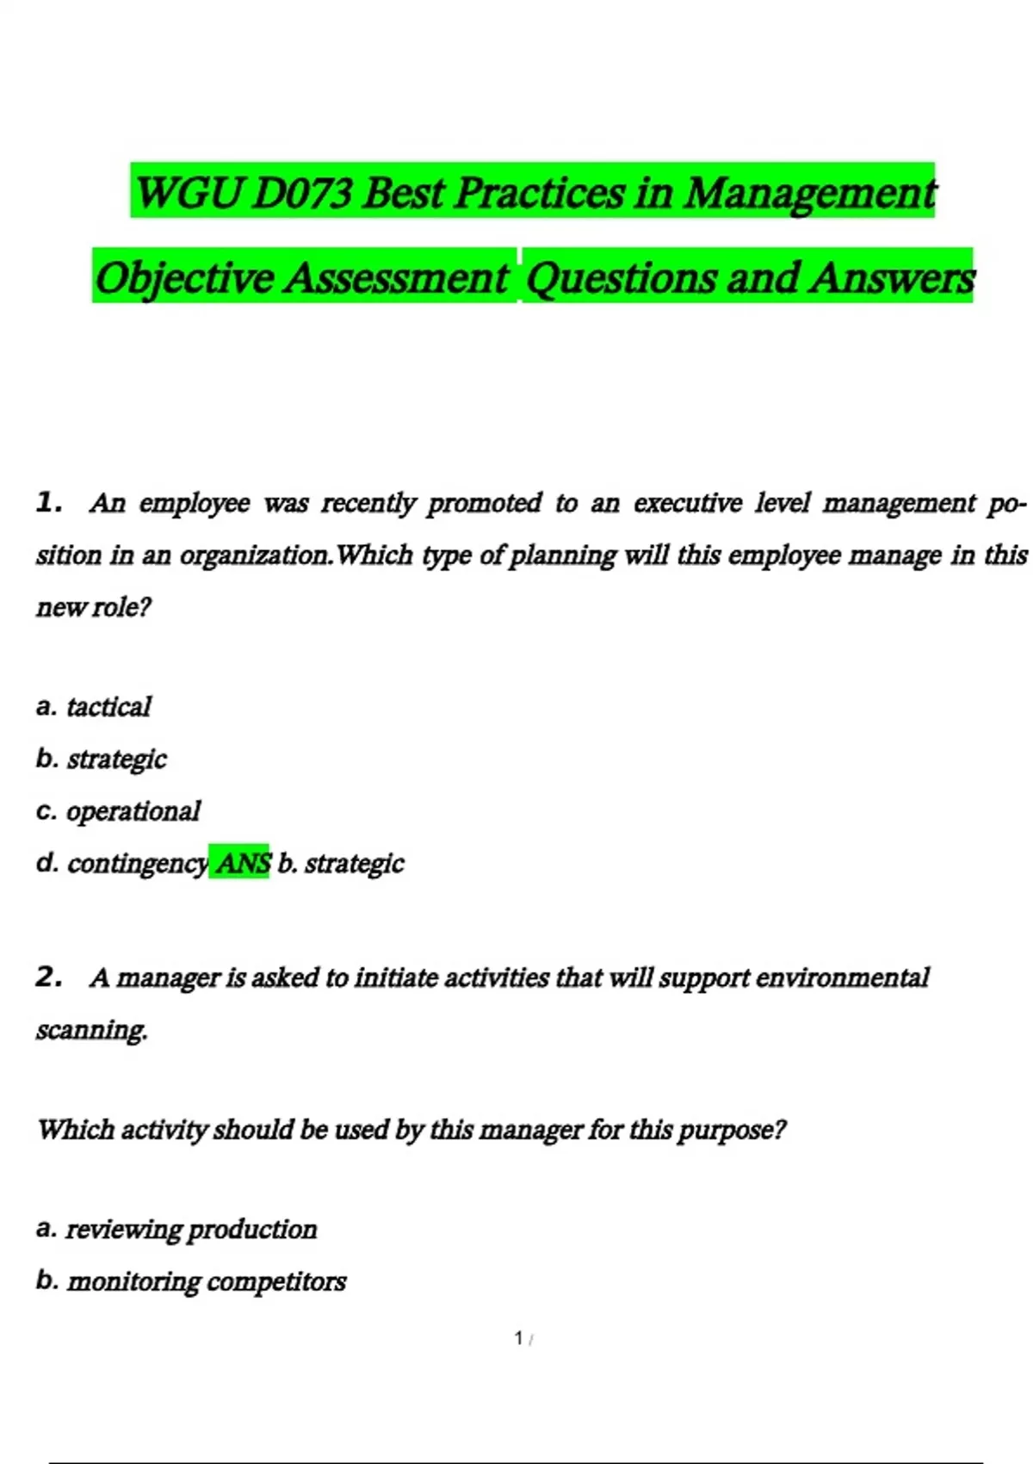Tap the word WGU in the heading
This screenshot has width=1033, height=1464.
pyautogui.click(x=189, y=193)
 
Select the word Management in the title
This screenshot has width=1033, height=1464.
pyautogui.click(x=810, y=193)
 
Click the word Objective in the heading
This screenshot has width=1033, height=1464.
pyautogui.click(x=183, y=278)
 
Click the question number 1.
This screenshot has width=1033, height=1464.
pyautogui.click(x=49, y=502)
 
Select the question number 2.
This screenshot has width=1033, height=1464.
pyautogui.click(x=49, y=977)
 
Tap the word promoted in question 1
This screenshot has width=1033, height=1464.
pyautogui.click(x=485, y=503)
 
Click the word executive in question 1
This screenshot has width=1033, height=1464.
pyautogui.click(x=688, y=503)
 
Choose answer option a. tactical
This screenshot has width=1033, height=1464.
pyautogui.click(x=94, y=707)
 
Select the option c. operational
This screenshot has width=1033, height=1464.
pyautogui.click(x=118, y=811)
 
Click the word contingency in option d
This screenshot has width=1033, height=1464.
pyautogui.click(x=138, y=863)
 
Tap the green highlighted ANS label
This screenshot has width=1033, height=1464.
pyautogui.click(x=242, y=862)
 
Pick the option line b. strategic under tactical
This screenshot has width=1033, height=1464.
pyautogui.click(x=102, y=759)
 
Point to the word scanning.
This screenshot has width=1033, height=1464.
pyautogui.click(x=91, y=1030)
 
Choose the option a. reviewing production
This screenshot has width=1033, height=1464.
pyautogui.click(x=176, y=1229)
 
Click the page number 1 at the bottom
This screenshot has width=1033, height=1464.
pyautogui.click(x=519, y=1337)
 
